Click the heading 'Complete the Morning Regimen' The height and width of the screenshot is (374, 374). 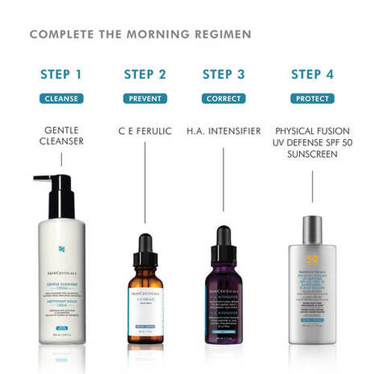(x=141, y=34)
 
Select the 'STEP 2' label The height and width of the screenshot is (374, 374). (x=144, y=74)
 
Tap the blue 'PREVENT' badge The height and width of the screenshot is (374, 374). (x=144, y=99)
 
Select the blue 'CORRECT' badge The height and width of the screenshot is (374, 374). (x=224, y=99)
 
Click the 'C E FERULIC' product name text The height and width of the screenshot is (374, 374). (x=144, y=131)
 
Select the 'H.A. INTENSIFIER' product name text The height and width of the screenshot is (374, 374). (x=224, y=131)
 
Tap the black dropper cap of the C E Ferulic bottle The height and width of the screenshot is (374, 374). (x=145, y=247)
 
